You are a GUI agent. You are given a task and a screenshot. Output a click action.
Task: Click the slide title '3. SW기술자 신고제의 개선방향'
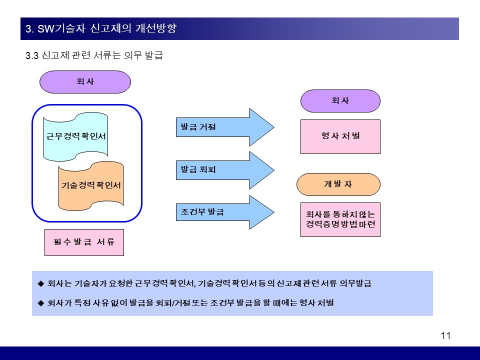pos(101,28)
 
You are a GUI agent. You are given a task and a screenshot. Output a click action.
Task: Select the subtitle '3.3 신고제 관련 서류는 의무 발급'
pos(94,55)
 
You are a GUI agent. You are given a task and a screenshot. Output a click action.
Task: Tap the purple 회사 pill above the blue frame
pos(85,82)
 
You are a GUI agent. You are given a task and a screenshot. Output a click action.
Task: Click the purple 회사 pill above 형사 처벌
pos(340,101)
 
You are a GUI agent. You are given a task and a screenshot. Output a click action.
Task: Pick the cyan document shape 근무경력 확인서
pos(75,136)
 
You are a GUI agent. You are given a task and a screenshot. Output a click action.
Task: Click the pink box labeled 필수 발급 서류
pos(84,242)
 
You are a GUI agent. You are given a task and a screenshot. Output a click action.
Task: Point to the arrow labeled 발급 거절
pos(225,127)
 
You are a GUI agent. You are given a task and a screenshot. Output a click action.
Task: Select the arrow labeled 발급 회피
pos(225,170)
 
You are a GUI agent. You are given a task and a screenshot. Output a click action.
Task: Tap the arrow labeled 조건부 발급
pos(225,212)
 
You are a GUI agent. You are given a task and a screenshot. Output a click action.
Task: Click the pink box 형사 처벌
pos(340,136)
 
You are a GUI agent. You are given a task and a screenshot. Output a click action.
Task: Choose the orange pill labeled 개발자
pos(338,184)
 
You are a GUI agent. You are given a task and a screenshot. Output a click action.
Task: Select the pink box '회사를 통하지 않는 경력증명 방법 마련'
pos(340,219)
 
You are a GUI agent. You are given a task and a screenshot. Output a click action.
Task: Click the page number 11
pos(445,336)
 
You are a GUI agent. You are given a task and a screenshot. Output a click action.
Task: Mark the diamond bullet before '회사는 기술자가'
pos(41,283)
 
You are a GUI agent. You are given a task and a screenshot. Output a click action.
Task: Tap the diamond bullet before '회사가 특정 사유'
pos(41,303)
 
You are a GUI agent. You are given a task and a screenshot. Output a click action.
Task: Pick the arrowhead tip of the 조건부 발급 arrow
pos(274,212)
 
